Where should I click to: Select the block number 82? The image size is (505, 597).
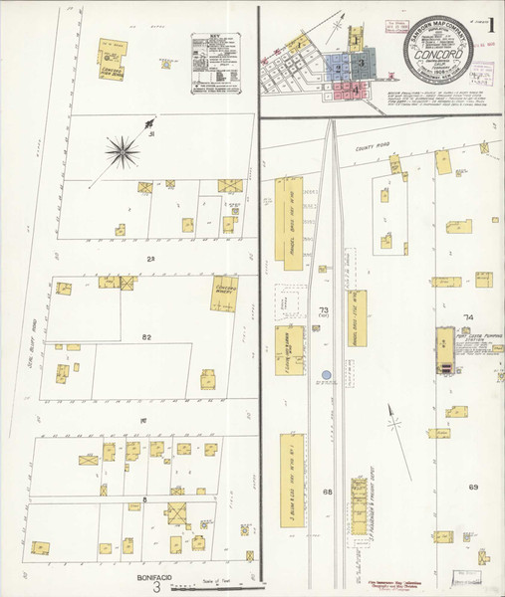coord(146,338)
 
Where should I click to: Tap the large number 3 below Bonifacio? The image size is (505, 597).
coord(156,588)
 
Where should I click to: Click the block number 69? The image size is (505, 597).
coord(473,487)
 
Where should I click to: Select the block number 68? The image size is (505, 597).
coord(326,493)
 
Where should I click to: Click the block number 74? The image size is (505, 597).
coord(467,317)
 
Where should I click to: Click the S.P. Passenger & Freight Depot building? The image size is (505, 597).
coord(360,507)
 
